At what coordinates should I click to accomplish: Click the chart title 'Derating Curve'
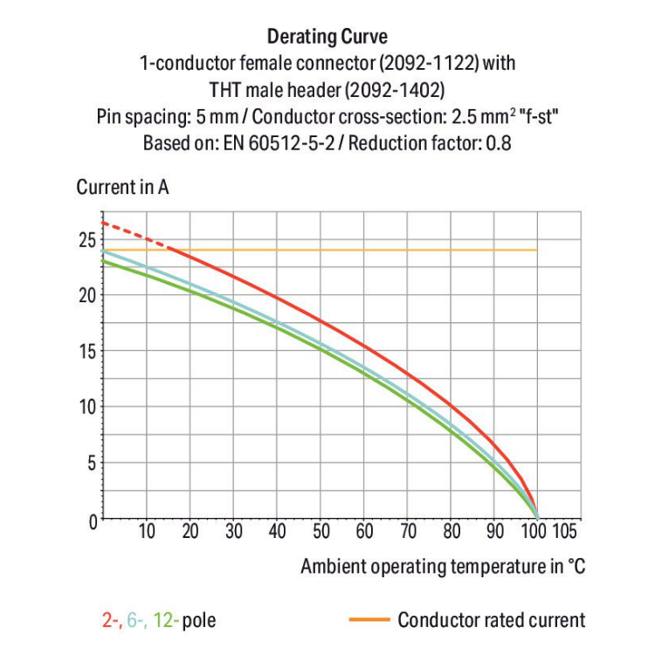327,37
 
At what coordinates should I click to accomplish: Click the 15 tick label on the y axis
86,351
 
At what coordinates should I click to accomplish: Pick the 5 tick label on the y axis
90,463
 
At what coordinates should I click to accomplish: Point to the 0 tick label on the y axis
90,520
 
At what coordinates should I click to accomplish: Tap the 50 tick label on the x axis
321,531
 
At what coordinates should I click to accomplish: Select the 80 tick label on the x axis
452,531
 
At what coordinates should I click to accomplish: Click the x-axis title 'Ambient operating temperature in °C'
443,567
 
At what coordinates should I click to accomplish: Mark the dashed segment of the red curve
132,235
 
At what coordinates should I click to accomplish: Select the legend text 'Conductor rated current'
491,621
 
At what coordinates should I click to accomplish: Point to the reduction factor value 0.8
499,142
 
